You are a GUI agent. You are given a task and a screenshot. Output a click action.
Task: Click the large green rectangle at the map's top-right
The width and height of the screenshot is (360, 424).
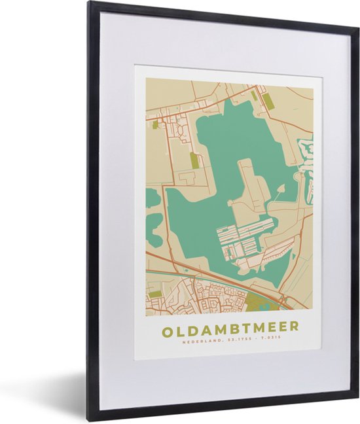pyautogui.click(x=267, y=101)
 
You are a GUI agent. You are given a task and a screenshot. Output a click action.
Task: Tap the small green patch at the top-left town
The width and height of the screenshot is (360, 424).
pyautogui.click(x=155, y=124)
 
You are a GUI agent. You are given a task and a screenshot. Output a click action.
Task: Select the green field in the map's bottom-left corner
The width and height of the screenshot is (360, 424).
pyautogui.click(x=155, y=294)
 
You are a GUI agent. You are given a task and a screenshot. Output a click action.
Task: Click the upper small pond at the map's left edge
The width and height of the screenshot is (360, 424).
pyautogui.click(x=152, y=197)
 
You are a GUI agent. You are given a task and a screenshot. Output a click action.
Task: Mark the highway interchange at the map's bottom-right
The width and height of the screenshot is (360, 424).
pyautogui.click(x=286, y=301)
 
